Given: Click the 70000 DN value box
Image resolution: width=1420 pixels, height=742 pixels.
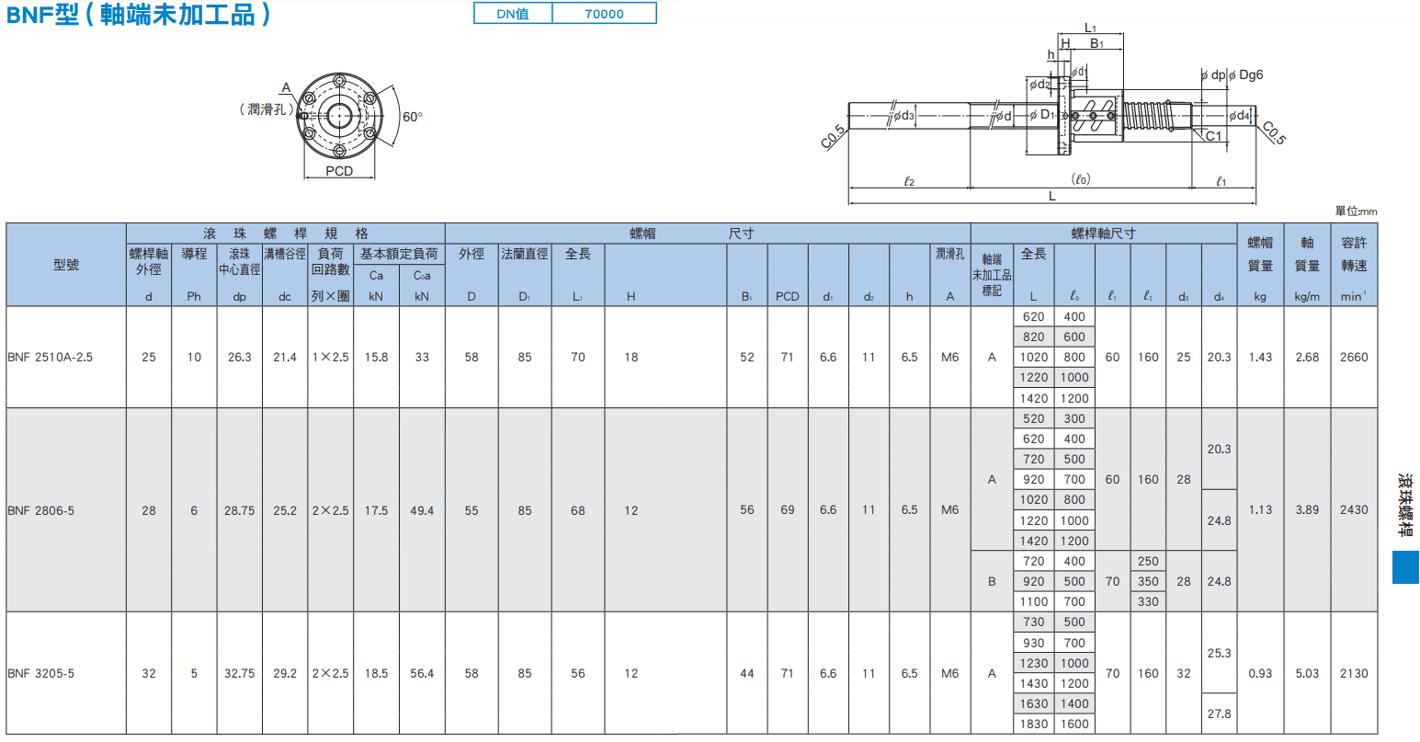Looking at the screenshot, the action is (x=604, y=13).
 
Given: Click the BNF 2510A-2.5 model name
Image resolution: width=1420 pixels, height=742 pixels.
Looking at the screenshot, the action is (x=50, y=357).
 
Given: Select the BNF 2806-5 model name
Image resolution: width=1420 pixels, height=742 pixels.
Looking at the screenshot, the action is (x=41, y=510).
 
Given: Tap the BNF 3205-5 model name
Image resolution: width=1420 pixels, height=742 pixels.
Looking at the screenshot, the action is (x=41, y=673).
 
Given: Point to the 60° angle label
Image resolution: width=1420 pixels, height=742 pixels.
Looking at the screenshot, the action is (x=412, y=117).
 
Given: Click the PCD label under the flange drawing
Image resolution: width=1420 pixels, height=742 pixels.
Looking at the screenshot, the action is (x=339, y=171).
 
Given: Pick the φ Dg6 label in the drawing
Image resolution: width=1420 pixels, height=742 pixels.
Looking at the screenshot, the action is (x=1245, y=74).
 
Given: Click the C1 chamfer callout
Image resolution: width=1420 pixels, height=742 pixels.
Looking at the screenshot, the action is (x=1213, y=136).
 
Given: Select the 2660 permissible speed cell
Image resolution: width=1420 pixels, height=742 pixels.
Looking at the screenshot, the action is (x=1354, y=357).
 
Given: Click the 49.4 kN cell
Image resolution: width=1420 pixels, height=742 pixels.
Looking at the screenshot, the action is (x=422, y=510).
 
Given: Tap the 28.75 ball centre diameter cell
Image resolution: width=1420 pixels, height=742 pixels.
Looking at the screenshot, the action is (x=240, y=510).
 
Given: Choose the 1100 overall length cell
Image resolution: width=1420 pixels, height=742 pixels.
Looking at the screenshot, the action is (x=1033, y=601).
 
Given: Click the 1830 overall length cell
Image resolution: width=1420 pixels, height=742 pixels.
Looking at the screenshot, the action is (x=1033, y=724).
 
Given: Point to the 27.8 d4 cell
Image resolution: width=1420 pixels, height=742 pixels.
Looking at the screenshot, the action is (x=1219, y=713).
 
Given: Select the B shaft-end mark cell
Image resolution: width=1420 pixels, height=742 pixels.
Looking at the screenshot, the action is (x=992, y=581).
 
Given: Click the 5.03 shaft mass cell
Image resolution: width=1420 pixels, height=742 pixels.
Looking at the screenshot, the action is (x=1307, y=673).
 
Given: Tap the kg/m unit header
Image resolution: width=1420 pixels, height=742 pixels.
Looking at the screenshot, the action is (x=1307, y=296).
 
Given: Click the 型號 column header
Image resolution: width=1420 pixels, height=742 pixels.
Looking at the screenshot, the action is (x=66, y=265).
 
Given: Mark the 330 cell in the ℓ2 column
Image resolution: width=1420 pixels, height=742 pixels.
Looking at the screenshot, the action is (x=1148, y=601).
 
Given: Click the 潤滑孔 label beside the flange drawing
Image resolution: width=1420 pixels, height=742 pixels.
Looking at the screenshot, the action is (x=267, y=109).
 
